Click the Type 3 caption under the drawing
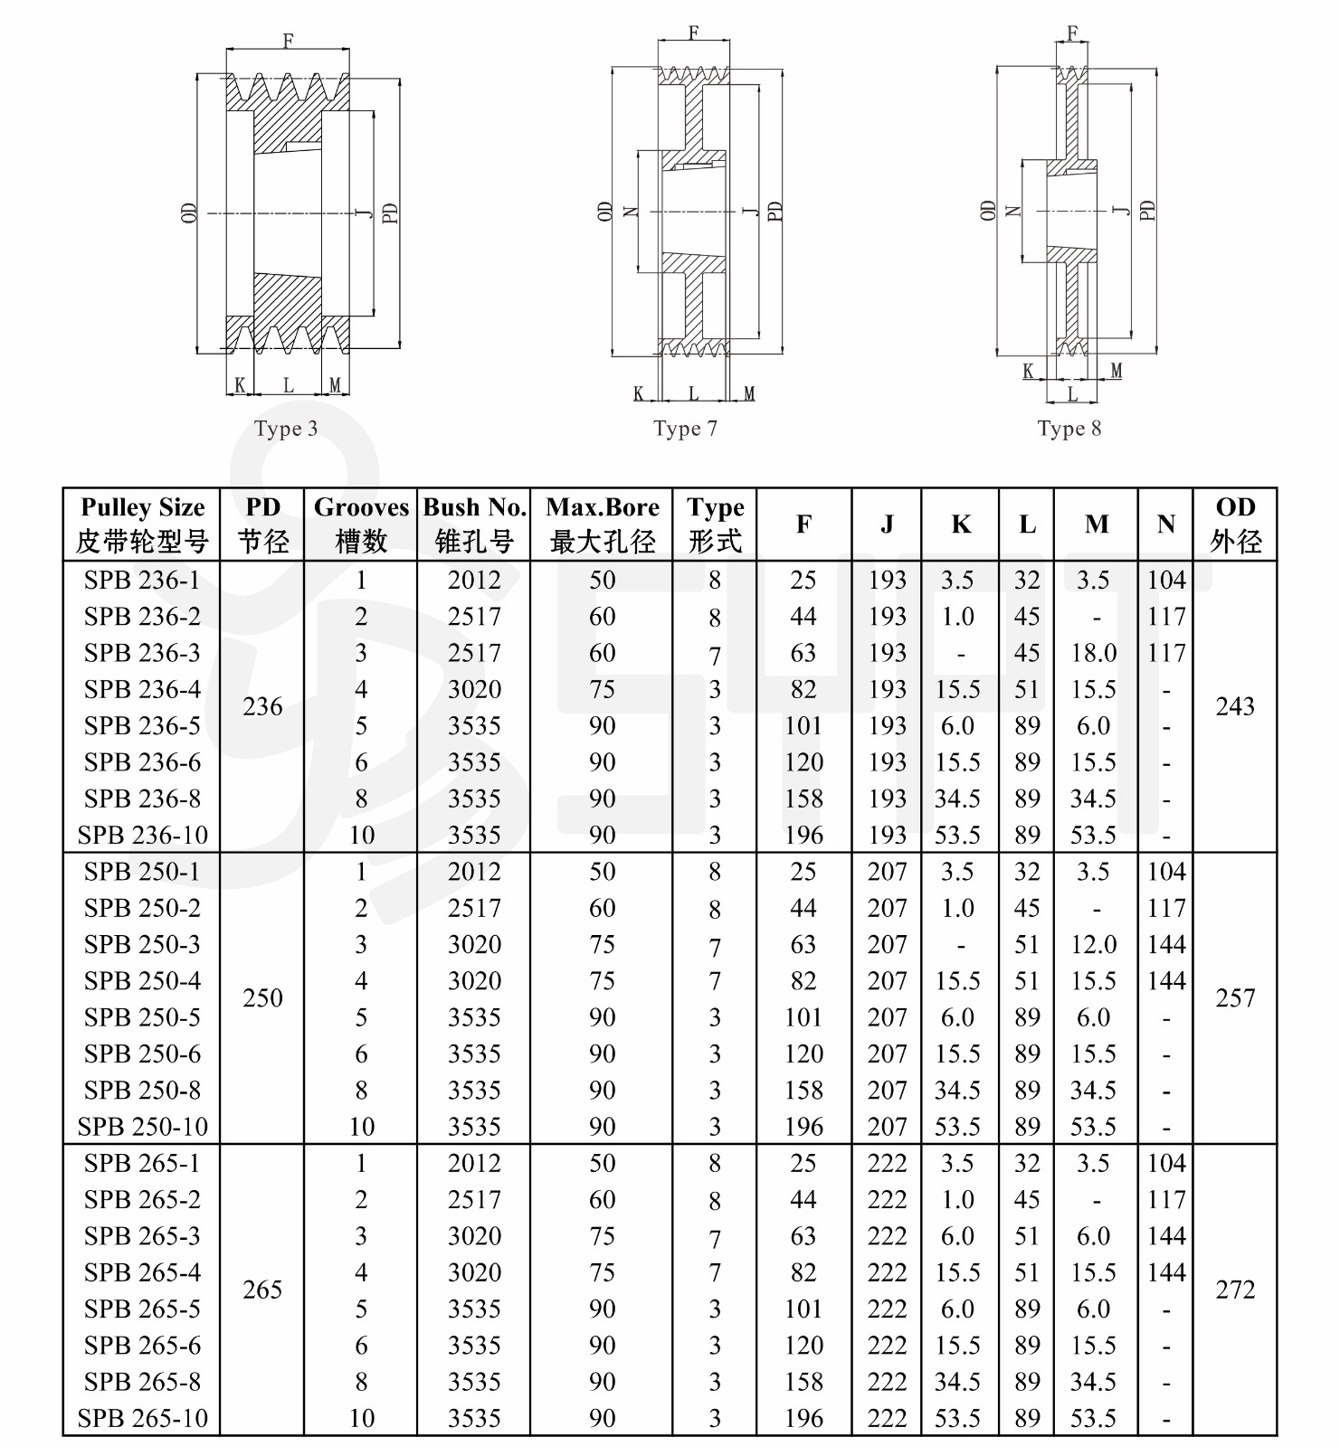pos(286,429)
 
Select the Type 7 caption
pos(685,429)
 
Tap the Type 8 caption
pos(1069,429)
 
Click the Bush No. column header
pos(474,524)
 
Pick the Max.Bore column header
pos(603,524)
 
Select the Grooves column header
pos(361,524)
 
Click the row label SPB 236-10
pos(142,835)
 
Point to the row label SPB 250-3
pos(142,944)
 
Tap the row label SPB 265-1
pos(142,1163)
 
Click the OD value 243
pos(1235,706)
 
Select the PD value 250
pos(262,998)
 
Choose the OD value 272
pos(1235,1290)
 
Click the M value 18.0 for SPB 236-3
pos(1094,653)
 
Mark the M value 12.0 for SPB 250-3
pos(1094,944)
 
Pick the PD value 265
pos(262,1290)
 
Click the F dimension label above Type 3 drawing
pos(288,40)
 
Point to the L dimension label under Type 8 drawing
pos(1072,394)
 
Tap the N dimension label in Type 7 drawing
pos(632,212)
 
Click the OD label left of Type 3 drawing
pos(188,213)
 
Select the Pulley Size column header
pos(142,524)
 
